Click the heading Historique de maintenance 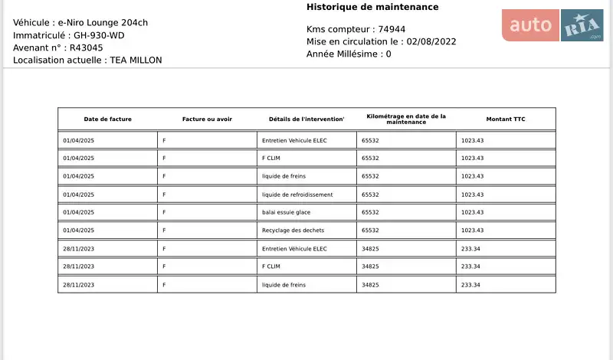point(372,7)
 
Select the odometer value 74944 point(388,29)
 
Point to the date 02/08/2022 point(431,41)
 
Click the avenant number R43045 point(87,47)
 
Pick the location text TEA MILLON point(136,60)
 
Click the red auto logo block point(530,25)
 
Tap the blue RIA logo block point(582,25)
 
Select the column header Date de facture point(107,119)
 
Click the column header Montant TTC point(506,119)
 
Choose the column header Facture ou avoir point(207,119)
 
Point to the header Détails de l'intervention point(306,119)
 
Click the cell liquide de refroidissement point(297,195)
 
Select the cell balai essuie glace point(286,212)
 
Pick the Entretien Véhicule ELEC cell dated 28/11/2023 point(294,248)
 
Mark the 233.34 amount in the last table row point(470,285)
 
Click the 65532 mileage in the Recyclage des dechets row point(370,231)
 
